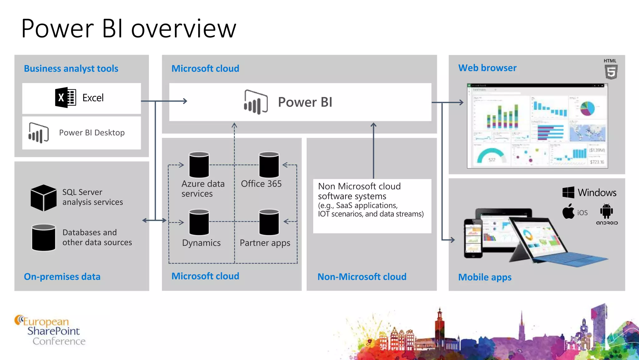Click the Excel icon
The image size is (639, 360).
click(66, 97)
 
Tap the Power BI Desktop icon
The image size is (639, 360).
click(39, 133)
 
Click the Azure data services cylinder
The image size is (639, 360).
click(199, 165)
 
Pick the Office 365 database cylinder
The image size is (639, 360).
click(269, 165)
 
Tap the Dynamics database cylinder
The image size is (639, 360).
click(199, 222)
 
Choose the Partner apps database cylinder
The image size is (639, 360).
click(269, 222)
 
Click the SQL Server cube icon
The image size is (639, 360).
click(44, 197)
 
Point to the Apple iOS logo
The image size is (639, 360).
click(568, 212)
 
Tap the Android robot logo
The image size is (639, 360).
click(606, 211)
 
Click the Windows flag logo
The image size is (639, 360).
click(568, 192)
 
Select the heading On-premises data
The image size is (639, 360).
click(62, 277)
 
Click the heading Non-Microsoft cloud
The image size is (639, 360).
click(362, 277)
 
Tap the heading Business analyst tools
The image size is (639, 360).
click(71, 68)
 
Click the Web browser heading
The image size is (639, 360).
click(487, 68)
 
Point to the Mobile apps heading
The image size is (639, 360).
click(485, 277)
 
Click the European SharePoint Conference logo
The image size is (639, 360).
click(50, 331)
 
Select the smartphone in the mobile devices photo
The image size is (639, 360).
click(473, 238)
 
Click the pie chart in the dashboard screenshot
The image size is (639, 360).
click(587, 108)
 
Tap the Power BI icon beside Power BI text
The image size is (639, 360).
click(256, 102)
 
